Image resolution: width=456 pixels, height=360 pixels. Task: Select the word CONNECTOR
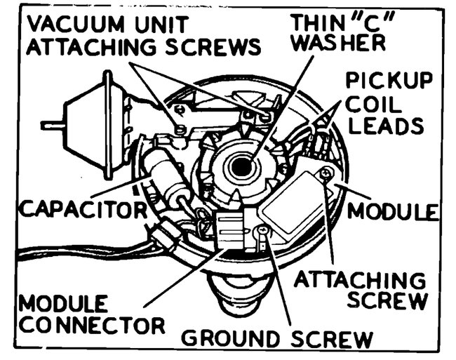(x=91, y=326)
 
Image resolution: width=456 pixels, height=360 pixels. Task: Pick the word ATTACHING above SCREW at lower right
(x=359, y=279)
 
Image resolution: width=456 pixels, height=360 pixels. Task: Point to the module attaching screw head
(x=324, y=173)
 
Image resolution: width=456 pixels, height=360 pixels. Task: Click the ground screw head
(x=261, y=229)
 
